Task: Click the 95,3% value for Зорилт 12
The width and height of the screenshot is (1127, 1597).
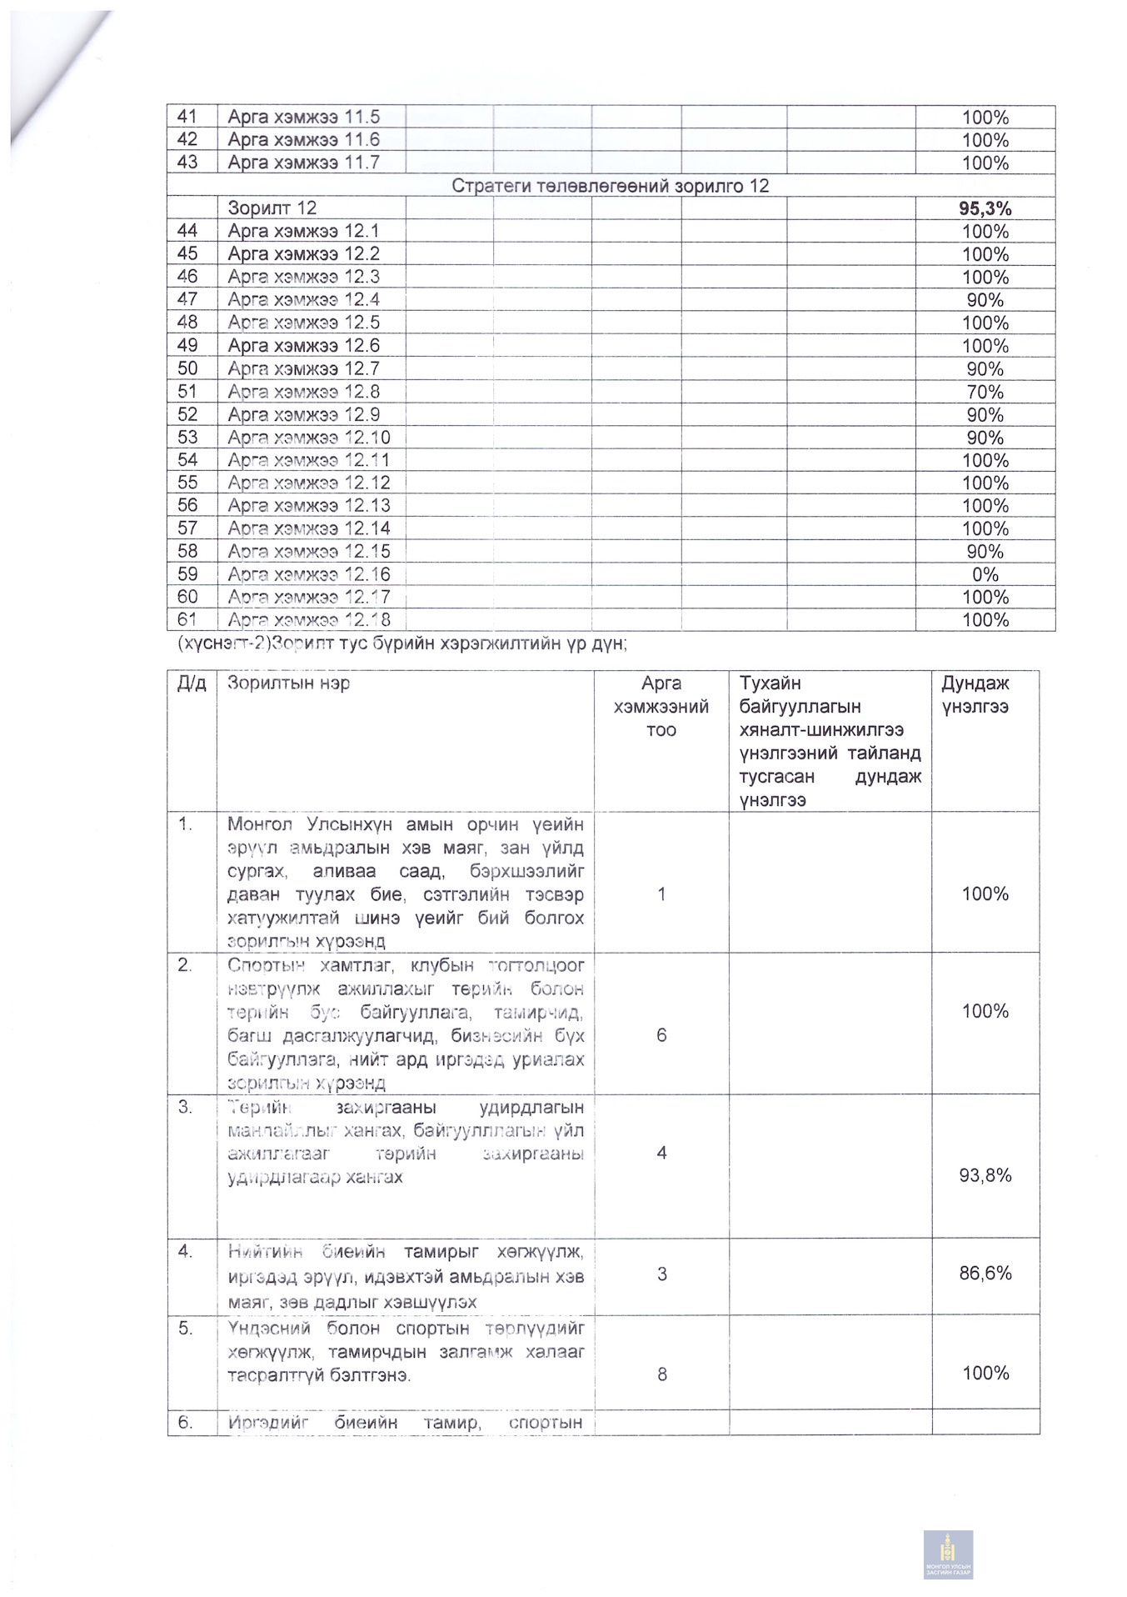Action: point(985,208)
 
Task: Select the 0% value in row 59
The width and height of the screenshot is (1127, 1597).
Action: point(985,574)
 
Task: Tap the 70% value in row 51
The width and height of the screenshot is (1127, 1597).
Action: point(985,392)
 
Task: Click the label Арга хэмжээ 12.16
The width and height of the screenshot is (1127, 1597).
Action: point(308,574)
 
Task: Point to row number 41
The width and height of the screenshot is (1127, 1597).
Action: point(187,117)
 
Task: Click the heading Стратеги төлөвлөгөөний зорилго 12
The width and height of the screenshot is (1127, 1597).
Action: point(610,186)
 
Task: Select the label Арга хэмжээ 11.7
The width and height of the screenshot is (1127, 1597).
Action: point(303,163)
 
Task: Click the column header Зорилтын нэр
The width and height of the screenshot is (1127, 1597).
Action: point(288,683)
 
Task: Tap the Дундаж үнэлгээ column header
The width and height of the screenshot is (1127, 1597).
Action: point(975,695)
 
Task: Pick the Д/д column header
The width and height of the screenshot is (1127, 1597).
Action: point(192,683)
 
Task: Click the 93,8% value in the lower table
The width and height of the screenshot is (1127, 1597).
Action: point(985,1176)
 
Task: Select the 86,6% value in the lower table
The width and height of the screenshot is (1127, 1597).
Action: point(985,1273)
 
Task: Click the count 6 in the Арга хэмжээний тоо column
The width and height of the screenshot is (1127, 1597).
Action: point(661,1035)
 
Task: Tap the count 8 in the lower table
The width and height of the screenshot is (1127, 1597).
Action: point(661,1374)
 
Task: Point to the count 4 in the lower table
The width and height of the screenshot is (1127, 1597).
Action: point(661,1153)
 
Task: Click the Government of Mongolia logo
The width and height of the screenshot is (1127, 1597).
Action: point(948,1554)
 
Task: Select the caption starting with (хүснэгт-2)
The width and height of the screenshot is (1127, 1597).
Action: point(401,643)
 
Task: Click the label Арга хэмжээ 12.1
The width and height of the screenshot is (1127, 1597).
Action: point(303,231)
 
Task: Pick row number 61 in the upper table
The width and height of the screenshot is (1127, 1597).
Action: point(187,619)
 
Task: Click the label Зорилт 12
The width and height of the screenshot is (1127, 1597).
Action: point(272,208)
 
